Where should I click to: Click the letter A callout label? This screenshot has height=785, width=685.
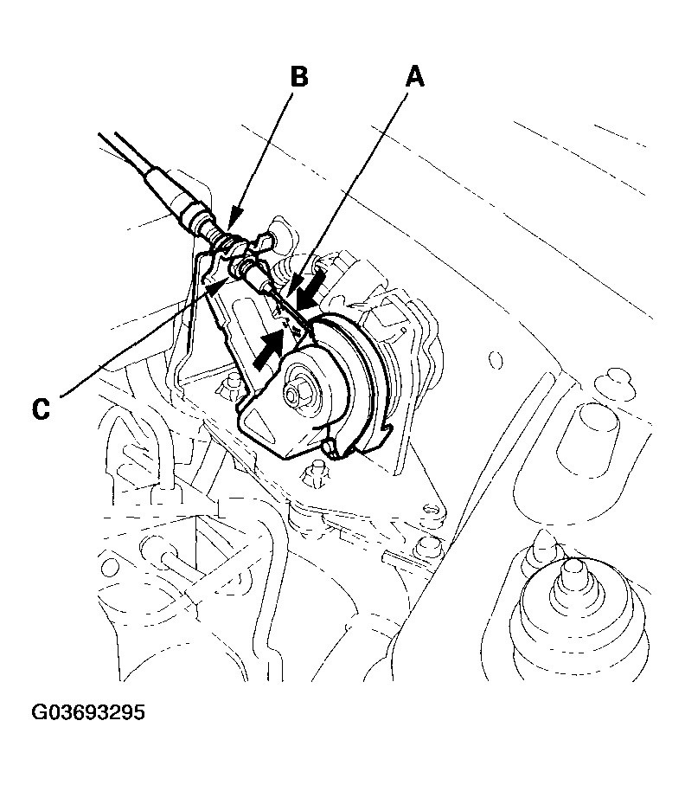tap(415, 78)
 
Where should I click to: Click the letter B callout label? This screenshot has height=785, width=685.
tap(298, 77)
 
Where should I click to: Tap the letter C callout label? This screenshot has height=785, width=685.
tap(41, 407)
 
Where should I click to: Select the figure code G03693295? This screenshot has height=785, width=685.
tap(88, 714)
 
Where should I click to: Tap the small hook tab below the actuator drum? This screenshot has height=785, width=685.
tap(329, 447)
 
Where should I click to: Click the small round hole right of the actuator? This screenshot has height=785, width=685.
tap(495, 357)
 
